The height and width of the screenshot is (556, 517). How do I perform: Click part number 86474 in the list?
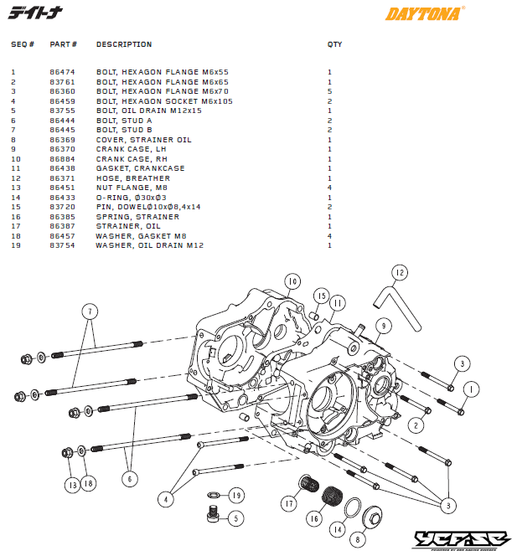pos(62,72)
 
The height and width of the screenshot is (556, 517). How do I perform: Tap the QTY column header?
pos(334,44)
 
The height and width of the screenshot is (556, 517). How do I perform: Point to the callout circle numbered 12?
pos(400,272)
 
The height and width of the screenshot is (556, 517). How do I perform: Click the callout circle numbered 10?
pos(292,281)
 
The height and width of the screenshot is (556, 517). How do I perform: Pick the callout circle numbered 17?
pos(290,504)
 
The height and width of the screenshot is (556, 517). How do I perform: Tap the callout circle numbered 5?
pos(235,518)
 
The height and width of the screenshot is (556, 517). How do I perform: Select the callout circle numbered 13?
pos(72,484)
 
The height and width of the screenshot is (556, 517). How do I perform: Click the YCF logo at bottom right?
pos(463,541)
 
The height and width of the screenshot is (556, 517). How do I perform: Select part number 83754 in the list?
pos(62,245)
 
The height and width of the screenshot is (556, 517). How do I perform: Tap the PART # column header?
pos(64,44)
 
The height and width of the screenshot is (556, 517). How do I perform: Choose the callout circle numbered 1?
pos(471,389)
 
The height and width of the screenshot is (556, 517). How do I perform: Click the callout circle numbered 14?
pos(337,528)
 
